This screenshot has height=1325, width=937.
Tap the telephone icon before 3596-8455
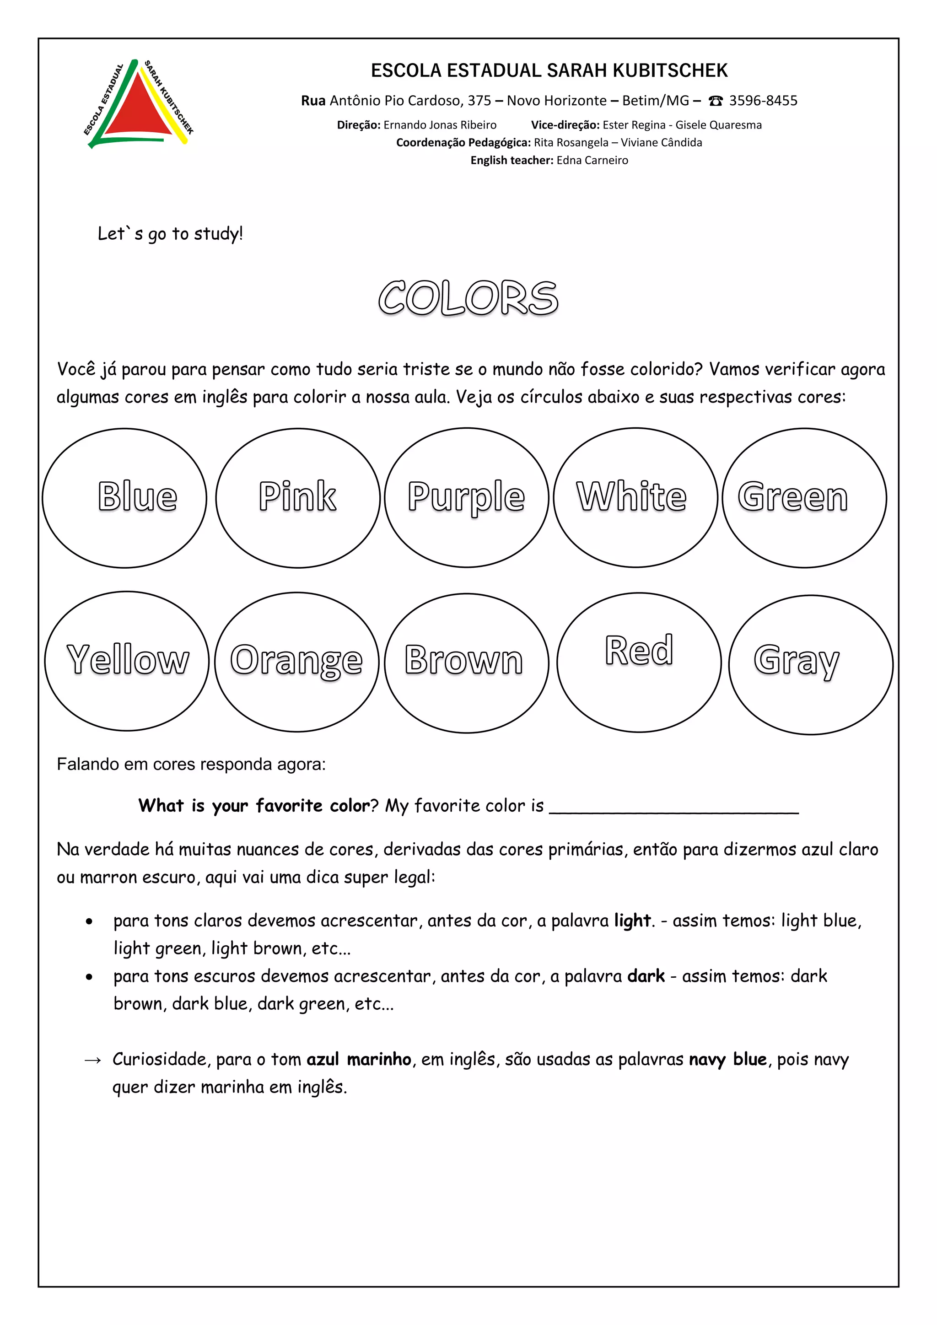(x=716, y=101)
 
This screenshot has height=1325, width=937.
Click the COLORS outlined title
(x=468, y=298)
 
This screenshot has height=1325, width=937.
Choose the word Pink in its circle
(x=297, y=496)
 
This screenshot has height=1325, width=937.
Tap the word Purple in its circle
(x=466, y=497)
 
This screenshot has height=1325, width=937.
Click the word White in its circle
(x=632, y=496)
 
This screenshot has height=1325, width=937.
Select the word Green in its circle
(x=793, y=497)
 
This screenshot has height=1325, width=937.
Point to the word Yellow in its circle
(x=128, y=660)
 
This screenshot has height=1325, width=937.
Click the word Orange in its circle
(x=296, y=661)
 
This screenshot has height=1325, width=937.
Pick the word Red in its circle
(x=639, y=651)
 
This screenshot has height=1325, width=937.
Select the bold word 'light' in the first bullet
(x=632, y=921)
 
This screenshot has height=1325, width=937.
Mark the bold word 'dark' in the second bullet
(x=646, y=976)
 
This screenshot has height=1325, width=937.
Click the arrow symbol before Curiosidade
(x=93, y=1060)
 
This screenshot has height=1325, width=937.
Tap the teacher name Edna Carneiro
(x=592, y=161)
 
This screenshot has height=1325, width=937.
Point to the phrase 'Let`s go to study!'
(x=170, y=234)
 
